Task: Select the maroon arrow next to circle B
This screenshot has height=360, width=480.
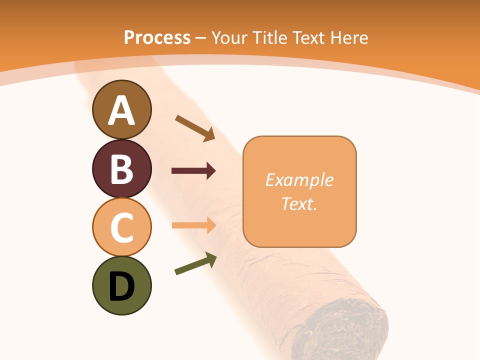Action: pyautogui.click(x=193, y=171)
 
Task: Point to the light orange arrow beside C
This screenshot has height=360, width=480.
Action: pyautogui.click(x=193, y=225)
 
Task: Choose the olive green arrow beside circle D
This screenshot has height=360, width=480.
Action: pyautogui.click(x=195, y=263)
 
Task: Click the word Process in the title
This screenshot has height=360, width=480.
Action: pyautogui.click(x=157, y=37)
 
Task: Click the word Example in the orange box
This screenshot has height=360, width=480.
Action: pyautogui.click(x=299, y=180)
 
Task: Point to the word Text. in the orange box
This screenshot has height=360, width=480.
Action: pyautogui.click(x=299, y=203)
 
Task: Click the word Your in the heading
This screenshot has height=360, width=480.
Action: pyautogui.click(x=230, y=37)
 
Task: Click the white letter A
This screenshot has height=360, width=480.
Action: pyautogui.click(x=121, y=111)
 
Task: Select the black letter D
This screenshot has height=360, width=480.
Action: pyautogui.click(x=121, y=286)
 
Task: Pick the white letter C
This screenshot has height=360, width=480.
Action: pyautogui.click(x=121, y=228)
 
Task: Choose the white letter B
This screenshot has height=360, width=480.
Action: pyautogui.click(x=121, y=169)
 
